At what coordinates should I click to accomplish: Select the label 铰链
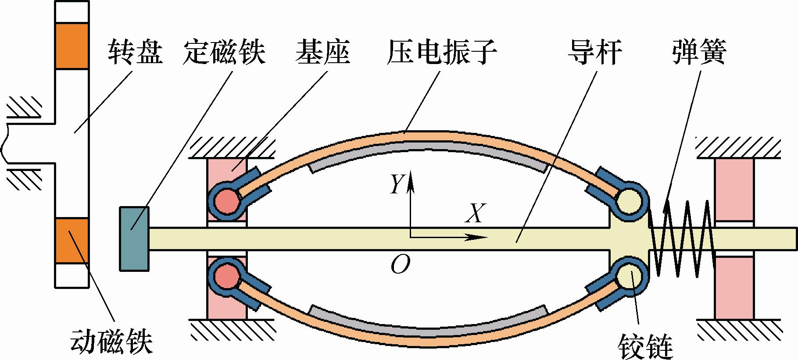coord(645,347)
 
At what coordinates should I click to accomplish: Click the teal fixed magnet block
coord(134,239)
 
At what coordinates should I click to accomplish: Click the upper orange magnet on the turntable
coord(72,46)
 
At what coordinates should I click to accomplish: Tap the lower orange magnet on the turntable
coord(72,241)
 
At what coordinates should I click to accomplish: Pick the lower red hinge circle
coord(227,276)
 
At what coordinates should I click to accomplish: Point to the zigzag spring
coord(682,239)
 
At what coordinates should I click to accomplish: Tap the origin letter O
coord(400,265)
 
